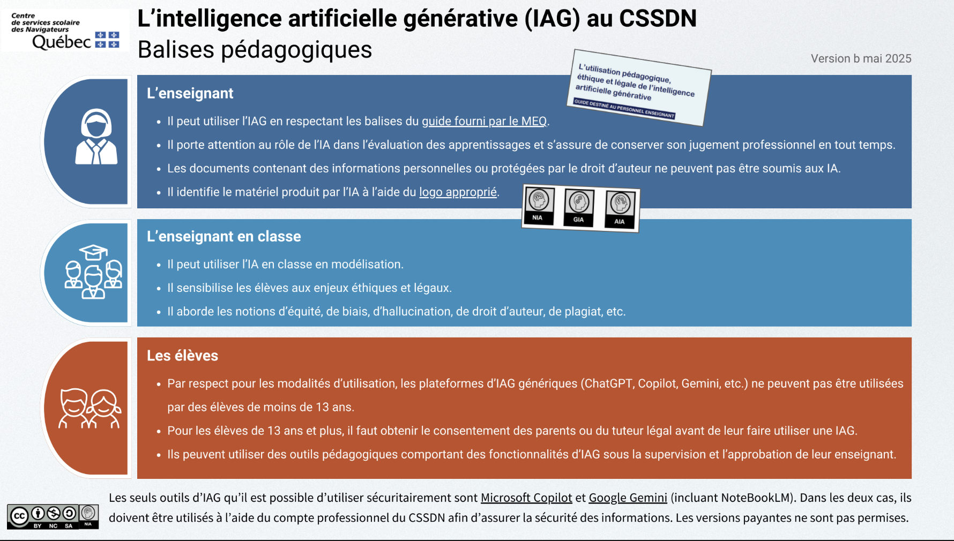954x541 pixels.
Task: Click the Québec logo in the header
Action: pos(65,30)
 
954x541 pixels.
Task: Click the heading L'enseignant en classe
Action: pos(224,236)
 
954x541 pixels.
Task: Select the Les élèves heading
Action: pos(183,356)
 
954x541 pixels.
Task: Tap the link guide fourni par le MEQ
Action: pos(484,121)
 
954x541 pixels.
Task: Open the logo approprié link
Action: pos(458,192)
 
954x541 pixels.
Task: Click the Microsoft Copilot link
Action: pos(526,498)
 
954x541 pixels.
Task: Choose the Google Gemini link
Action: pos(628,498)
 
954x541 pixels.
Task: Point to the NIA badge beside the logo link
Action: pos(539,206)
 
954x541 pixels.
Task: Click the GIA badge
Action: pos(579,208)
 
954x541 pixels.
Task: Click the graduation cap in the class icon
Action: pos(93,252)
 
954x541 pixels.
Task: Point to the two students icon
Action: pos(90,408)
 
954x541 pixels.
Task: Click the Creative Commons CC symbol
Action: pos(19,516)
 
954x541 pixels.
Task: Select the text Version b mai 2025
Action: pos(861,58)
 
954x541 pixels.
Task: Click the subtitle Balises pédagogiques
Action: pos(255,50)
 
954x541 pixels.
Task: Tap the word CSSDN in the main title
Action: pos(658,18)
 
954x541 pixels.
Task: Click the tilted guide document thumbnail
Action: pos(639,88)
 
